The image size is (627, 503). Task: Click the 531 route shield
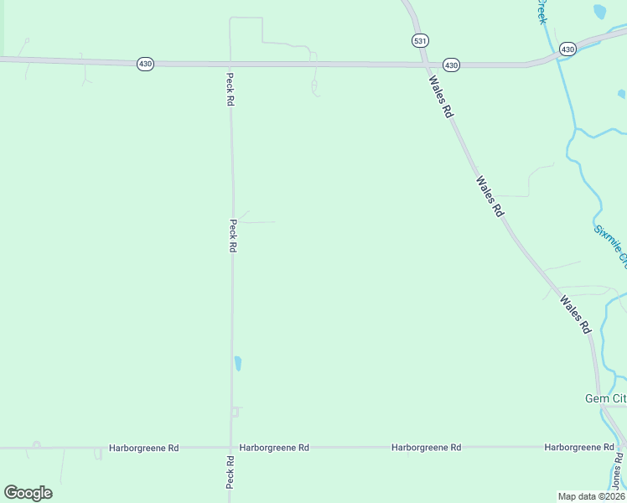(x=420, y=40)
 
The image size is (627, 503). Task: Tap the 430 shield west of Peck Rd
(x=145, y=64)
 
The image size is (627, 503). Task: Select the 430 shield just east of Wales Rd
(x=451, y=65)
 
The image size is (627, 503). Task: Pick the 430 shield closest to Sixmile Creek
(x=567, y=49)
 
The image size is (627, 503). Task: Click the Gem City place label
(x=605, y=398)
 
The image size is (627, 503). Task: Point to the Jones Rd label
(x=618, y=470)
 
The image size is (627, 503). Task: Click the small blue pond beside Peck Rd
(x=238, y=363)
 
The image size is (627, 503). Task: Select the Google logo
(x=28, y=493)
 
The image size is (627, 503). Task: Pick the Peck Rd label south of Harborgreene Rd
(x=230, y=474)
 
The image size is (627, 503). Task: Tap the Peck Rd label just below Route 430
(x=230, y=89)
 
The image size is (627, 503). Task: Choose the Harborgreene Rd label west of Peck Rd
(x=144, y=448)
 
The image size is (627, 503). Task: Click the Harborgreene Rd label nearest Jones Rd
(x=578, y=448)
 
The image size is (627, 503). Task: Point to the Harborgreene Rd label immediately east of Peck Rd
(x=274, y=448)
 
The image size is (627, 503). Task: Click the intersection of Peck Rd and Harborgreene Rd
(x=231, y=448)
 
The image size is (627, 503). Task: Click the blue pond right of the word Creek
(x=599, y=12)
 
